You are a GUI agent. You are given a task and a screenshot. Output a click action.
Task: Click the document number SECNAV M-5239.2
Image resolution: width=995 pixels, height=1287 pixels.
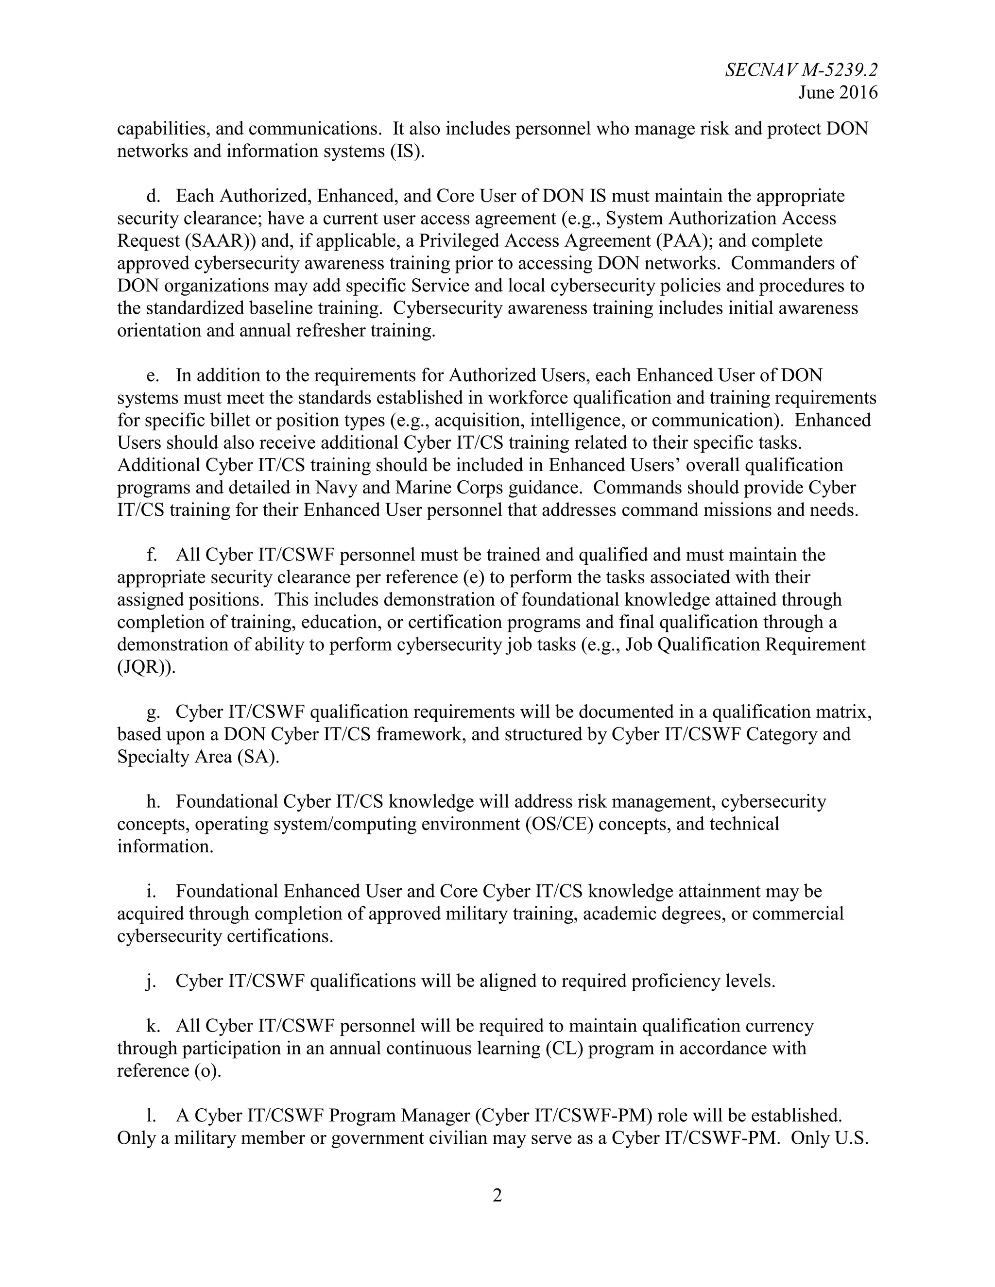[x=801, y=70]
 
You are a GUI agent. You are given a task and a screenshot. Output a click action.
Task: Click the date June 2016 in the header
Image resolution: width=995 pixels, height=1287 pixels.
[x=838, y=92]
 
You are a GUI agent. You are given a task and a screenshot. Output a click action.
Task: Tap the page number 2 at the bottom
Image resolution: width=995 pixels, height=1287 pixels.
[x=497, y=1196]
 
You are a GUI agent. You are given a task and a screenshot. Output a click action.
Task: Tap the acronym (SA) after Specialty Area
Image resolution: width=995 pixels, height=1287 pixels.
[x=257, y=757]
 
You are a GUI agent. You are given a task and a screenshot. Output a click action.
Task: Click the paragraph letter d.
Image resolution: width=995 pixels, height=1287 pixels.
[x=152, y=196]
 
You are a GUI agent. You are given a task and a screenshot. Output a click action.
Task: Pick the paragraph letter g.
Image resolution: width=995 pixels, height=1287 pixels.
[x=152, y=712]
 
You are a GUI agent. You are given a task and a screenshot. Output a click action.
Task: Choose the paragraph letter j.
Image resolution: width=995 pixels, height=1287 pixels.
[x=150, y=981]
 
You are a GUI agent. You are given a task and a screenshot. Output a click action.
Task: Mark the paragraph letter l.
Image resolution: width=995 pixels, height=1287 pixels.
[x=151, y=1116]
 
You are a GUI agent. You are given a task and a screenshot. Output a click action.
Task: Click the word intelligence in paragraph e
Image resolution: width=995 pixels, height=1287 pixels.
[x=574, y=421]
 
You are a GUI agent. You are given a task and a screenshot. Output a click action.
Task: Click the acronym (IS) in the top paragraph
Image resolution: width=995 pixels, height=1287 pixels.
[x=407, y=152]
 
